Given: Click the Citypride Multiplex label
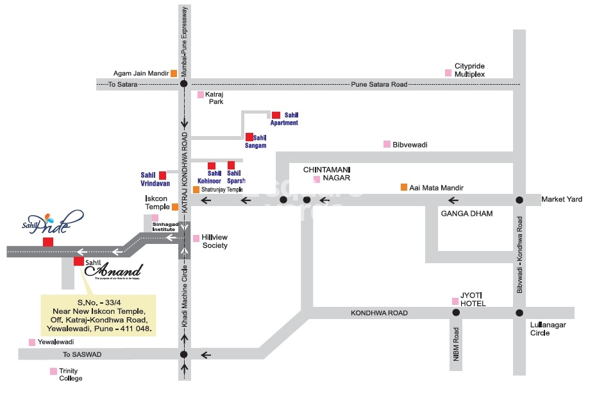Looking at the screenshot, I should click(469, 70).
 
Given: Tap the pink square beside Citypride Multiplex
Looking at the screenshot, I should click(448, 73).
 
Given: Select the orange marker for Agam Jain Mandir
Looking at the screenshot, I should click(174, 73).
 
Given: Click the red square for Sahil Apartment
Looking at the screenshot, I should click(276, 114).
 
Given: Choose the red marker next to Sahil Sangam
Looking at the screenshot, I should click(249, 137).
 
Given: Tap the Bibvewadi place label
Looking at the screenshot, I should click(410, 144).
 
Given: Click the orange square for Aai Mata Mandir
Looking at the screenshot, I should click(404, 187).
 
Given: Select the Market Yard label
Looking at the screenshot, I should click(562, 200).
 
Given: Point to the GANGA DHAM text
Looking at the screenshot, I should click(466, 213).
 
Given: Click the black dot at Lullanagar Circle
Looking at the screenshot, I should click(519, 313).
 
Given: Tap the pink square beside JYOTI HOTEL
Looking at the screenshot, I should click(455, 301).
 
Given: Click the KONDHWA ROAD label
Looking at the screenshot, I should click(379, 313).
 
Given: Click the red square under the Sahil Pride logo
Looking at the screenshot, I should click(47, 242).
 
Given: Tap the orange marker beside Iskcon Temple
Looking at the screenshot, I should click(175, 207).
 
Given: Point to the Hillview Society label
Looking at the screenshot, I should click(215, 241).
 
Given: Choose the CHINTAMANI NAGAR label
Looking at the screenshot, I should click(326, 173).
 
